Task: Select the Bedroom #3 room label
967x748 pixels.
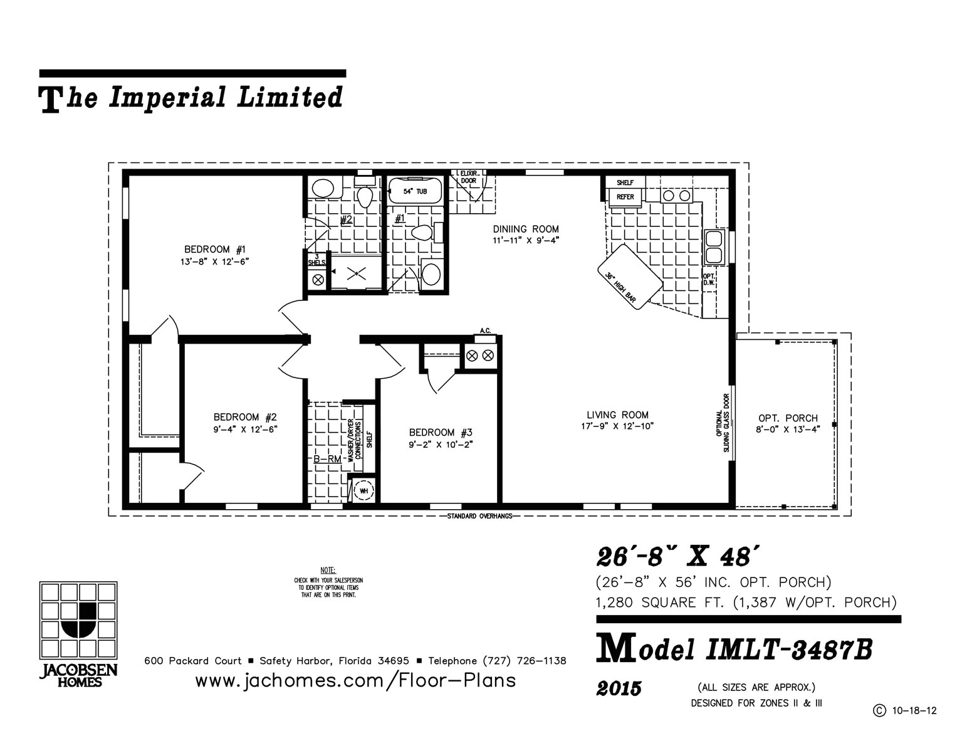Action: (x=440, y=433)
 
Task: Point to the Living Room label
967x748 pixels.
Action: (x=617, y=414)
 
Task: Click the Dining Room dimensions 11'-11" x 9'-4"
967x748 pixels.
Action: (x=525, y=240)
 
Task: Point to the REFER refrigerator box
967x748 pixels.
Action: (x=625, y=197)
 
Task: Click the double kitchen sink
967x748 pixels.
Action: (x=714, y=247)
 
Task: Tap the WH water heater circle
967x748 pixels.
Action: (x=363, y=490)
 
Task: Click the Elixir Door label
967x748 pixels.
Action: (x=468, y=177)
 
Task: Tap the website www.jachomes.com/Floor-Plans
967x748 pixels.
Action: (x=355, y=680)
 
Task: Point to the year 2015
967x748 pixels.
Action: (x=619, y=689)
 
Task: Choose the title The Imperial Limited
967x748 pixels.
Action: (x=192, y=98)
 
